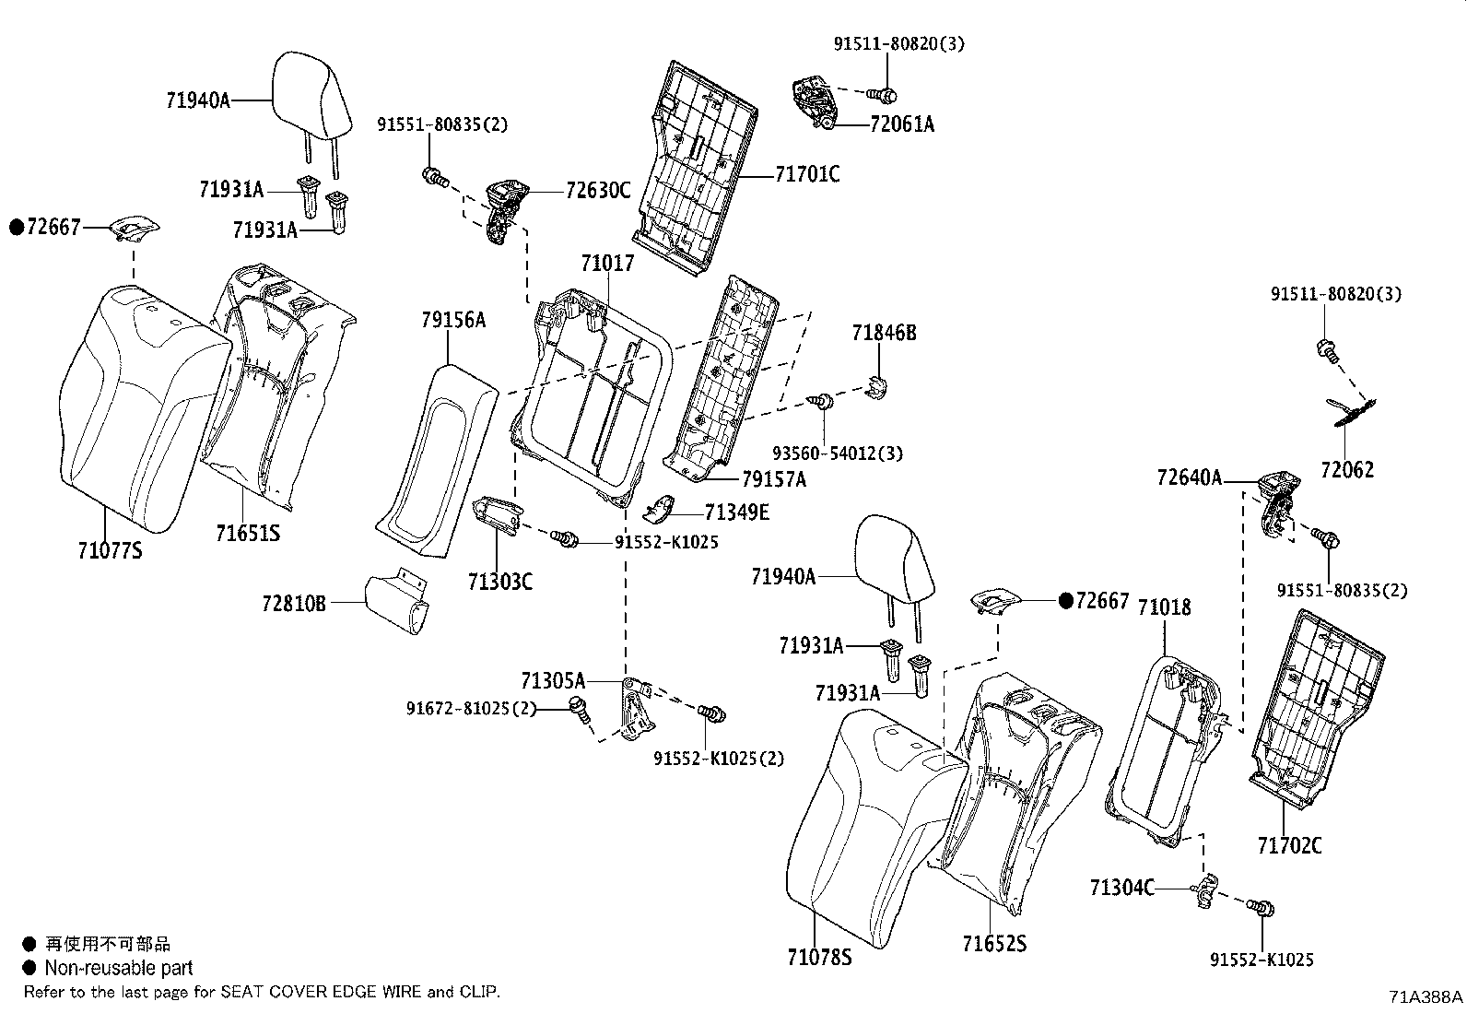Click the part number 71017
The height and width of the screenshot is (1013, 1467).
[607, 264]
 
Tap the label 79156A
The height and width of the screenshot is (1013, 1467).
[453, 321]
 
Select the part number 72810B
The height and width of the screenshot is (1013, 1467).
[294, 603]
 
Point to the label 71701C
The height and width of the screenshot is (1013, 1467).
[807, 174]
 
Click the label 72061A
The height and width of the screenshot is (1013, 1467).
[901, 124]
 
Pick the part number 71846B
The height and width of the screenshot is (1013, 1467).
[884, 333]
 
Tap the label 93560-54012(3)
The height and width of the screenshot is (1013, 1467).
[837, 453]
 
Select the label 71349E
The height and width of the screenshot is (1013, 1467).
[736, 512]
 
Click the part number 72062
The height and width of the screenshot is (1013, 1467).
[1346, 470]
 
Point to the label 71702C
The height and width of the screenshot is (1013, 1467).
[1289, 844]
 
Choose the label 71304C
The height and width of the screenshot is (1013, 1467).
[1121, 888]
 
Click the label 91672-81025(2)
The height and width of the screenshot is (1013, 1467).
[470, 708]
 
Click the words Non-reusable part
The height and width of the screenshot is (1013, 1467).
[119, 968]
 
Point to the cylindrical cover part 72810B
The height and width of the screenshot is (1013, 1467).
[396, 604]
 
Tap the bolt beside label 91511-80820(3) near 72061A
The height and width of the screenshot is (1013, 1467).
[886, 94]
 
